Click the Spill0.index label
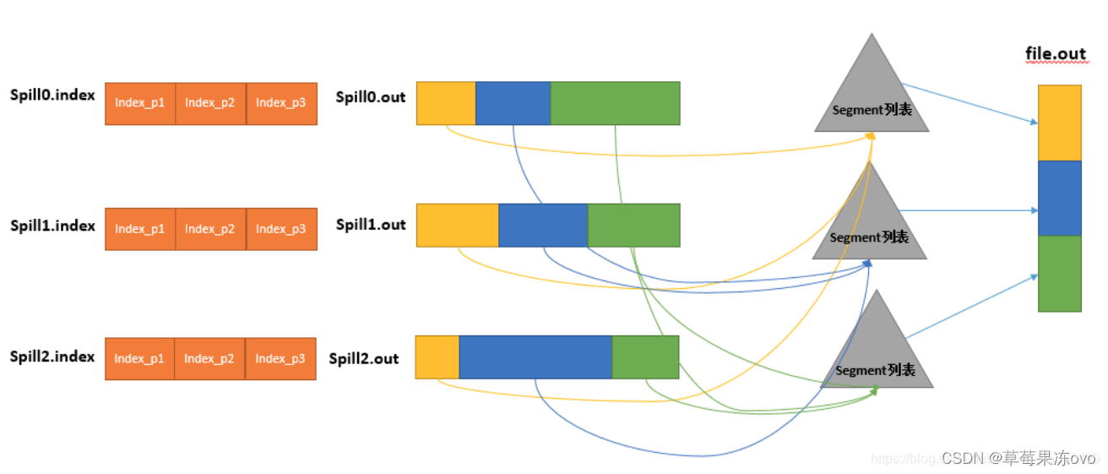(x=52, y=95)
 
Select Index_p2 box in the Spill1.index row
(x=210, y=229)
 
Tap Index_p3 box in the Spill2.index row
(x=280, y=358)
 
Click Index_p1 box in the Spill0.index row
(x=140, y=103)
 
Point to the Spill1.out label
(x=371, y=225)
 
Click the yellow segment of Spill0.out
(x=446, y=103)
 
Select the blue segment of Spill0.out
(x=513, y=103)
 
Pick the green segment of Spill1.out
(x=633, y=225)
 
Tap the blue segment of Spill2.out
(x=535, y=357)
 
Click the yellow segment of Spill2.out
(x=437, y=357)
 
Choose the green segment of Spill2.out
(x=645, y=357)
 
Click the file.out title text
(x=1056, y=54)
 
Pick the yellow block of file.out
(x=1059, y=123)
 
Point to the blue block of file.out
(x=1059, y=198)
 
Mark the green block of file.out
(x=1059, y=273)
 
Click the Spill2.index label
(x=52, y=357)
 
